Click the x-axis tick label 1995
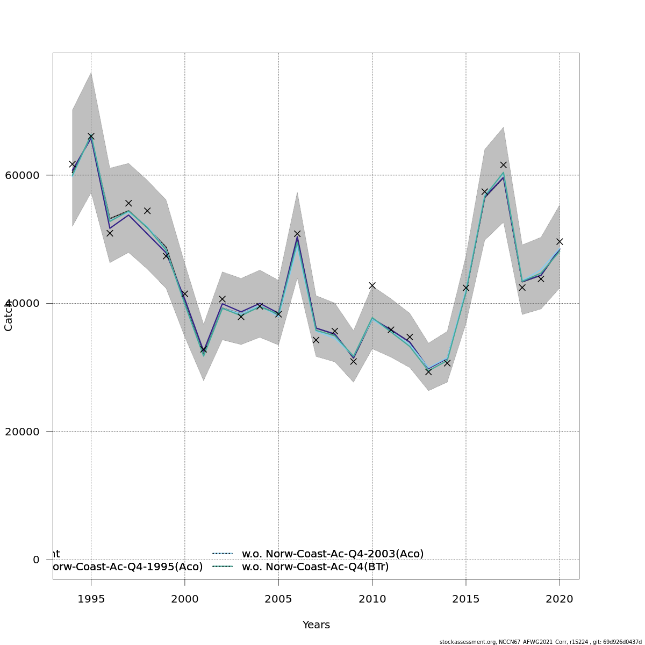[x=91, y=599]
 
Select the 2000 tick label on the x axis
[x=184, y=599]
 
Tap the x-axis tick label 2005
[x=278, y=599]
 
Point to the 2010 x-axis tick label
[x=372, y=599]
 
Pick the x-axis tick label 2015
[x=466, y=599]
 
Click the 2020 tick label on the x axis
[x=560, y=599]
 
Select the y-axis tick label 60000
[x=22, y=175]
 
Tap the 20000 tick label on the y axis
[x=22, y=432]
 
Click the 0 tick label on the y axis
[x=36, y=560]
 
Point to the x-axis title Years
[x=316, y=625]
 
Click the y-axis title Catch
[x=9, y=316]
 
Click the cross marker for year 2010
[x=372, y=285]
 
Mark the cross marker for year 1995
[x=91, y=137]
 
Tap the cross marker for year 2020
[x=560, y=241]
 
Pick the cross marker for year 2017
[x=503, y=165]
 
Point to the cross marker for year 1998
[x=147, y=211]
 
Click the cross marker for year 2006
[x=297, y=234]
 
